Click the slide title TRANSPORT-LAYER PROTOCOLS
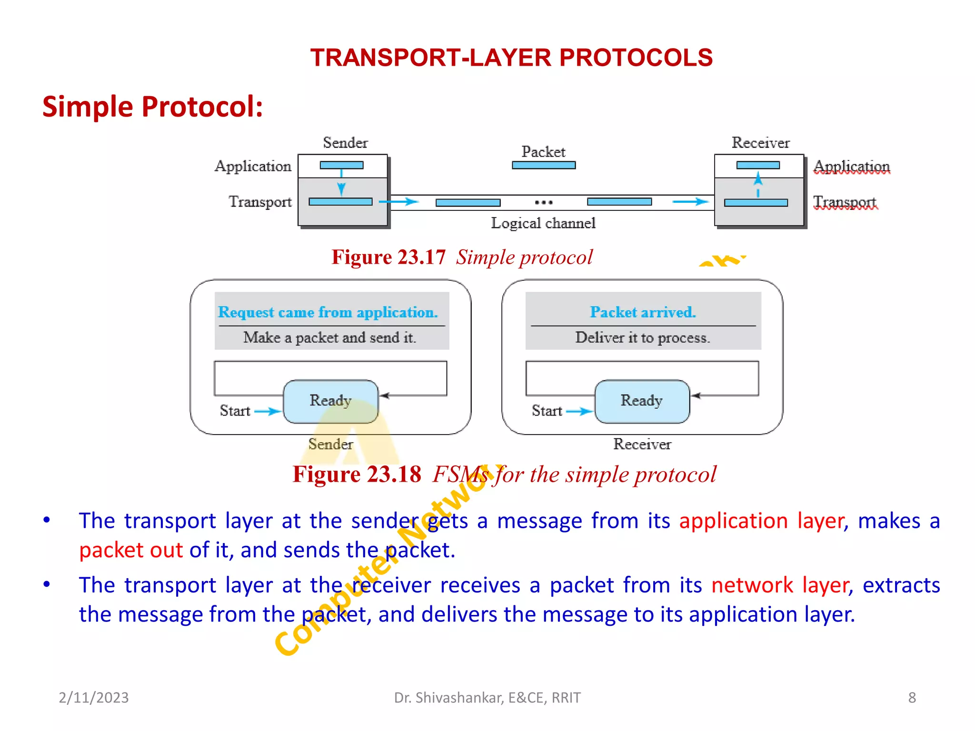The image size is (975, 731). point(511,58)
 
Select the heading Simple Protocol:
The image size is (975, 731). point(152,106)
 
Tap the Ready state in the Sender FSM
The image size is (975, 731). point(330,401)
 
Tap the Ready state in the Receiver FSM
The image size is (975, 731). point(642,401)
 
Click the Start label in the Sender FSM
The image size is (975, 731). point(235,411)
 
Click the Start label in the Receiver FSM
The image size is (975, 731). point(547,411)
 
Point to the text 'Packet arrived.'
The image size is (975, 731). point(643,312)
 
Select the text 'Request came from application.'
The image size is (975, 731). point(328,312)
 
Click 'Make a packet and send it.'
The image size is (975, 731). point(329,337)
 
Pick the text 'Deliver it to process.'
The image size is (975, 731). point(643,337)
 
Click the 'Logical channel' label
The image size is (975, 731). point(543,223)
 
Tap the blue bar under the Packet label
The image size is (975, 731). point(544,165)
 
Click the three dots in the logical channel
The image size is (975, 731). point(544,203)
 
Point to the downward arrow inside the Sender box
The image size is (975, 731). point(341,188)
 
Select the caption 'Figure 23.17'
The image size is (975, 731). point(388,257)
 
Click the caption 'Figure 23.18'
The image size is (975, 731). point(357,474)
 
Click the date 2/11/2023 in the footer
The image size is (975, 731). point(94,698)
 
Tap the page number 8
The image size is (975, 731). point(912,698)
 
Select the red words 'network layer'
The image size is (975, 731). point(780,585)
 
